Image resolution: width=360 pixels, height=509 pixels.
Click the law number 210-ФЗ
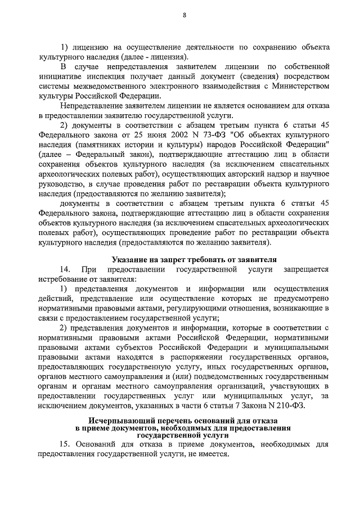289,406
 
